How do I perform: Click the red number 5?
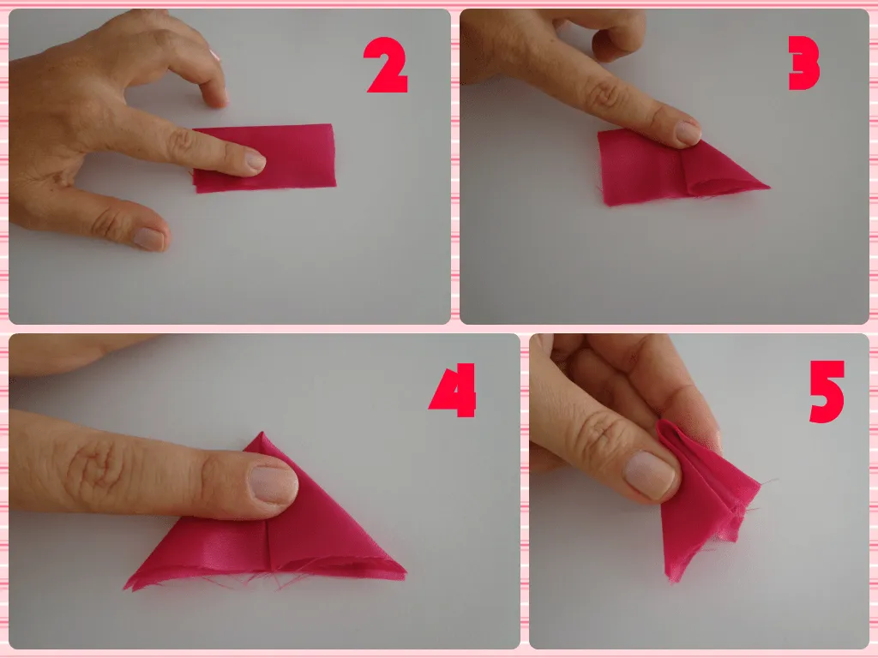(827, 392)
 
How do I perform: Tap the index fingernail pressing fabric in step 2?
(256, 160)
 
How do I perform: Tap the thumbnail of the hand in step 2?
(149, 238)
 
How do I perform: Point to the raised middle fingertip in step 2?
(216, 96)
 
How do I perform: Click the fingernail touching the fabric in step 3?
(687, 133)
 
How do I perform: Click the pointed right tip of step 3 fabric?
(767, 186)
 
